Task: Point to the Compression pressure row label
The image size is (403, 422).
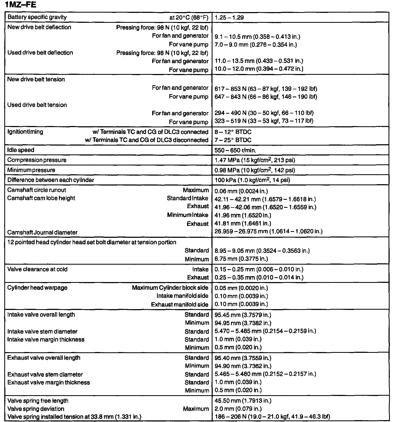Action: pyautogui.click(x=37, y=160)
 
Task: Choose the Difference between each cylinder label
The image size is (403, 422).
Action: pyautogui.click(x=51, y=180)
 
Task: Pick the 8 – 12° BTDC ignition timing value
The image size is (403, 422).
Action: pyautogui.click(x=233, y=132)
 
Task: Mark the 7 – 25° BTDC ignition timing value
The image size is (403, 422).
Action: pyautogui.click(x=233, y=140)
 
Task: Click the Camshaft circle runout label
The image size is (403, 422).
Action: pyautogui.click(x=36, y=190)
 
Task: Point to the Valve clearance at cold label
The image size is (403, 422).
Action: pyautogui.click(x=37, y=269)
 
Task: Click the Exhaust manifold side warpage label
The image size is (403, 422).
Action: pyautogui.click(x=180, y=305)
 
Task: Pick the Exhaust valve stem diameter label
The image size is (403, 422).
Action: pyautogui.click(x=45, y=375)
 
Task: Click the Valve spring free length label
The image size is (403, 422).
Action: pyautogui.click(x=38, y=401)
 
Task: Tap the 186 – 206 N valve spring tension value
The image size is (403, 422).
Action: pyautogui.click(x=272, y=417)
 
